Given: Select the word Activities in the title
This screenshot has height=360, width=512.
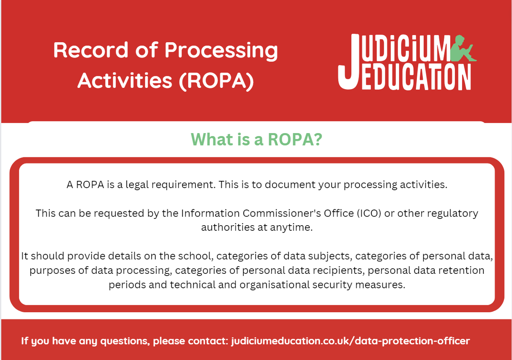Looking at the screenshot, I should (124, 80).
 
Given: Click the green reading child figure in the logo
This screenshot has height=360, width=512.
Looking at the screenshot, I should (463, 48).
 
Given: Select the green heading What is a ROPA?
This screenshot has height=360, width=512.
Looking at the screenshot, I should (256, 139).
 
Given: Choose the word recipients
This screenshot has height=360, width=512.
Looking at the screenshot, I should (339, 270).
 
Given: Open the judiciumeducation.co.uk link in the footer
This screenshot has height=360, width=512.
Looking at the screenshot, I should (350, 341).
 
